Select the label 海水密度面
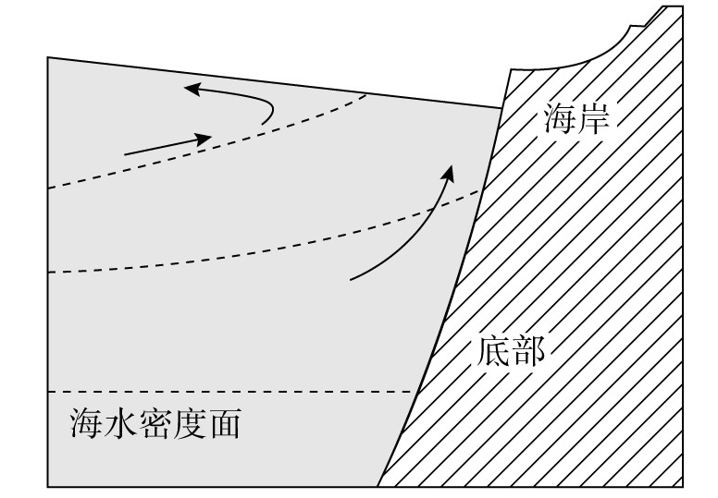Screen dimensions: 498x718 coord(155,425)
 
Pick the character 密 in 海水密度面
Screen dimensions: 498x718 coord(155,425)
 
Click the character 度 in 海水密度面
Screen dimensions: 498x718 coord(191,425)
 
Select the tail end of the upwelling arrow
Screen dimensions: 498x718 coord(353,278)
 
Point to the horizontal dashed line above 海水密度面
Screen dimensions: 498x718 coord(231,392)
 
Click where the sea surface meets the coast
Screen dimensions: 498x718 coord(502,107)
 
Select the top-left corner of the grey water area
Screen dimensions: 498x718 coord(48,58)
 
